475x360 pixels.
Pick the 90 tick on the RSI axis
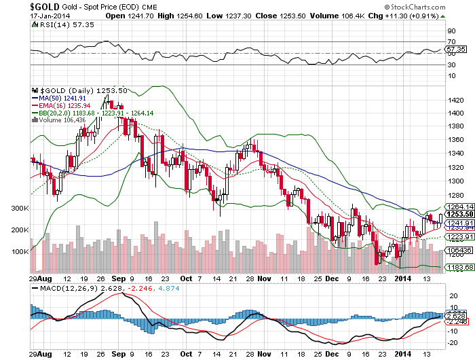(x=450, y=31)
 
